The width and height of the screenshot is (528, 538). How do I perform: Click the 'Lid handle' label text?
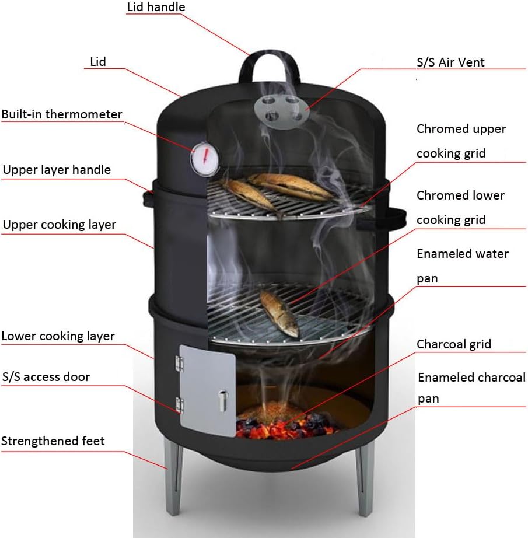point(156,8)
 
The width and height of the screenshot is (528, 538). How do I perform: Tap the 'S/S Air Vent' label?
point(450,62)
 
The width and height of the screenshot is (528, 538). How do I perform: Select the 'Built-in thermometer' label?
point(62,114)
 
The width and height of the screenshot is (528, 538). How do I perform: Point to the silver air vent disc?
point(279,109)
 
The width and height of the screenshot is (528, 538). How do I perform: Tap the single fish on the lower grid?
point(279,312)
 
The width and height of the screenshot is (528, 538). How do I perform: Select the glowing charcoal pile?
point(280,422)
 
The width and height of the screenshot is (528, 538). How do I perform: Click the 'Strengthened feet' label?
point(53,441)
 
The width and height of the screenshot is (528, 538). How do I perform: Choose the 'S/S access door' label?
point(46,377)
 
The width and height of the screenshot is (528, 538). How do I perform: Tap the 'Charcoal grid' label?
point(453,344)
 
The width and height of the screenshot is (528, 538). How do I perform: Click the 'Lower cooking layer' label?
point(58,336)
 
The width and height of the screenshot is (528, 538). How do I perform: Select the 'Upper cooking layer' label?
point(59,225)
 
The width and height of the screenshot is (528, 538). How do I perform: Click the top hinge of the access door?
point(179,362)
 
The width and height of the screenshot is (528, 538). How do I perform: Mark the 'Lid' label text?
point(97,61)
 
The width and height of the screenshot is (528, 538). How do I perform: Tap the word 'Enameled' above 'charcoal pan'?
point(444,378)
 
